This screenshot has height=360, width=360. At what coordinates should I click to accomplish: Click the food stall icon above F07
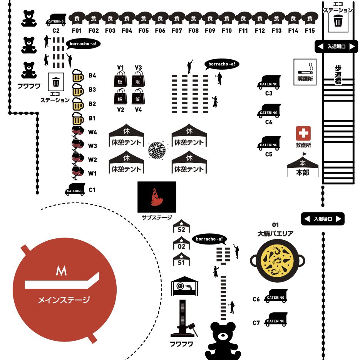(x=177, y=18)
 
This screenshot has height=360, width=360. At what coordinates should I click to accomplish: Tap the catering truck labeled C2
(x=56, y=20)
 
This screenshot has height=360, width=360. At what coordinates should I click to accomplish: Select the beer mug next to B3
(x=77, y=90)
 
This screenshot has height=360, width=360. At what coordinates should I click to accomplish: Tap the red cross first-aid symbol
(x=303, y=133)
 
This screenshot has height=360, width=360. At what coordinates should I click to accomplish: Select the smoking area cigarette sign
(x=305, y=72)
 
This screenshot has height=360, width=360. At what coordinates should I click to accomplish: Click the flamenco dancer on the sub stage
(x=156, y=197)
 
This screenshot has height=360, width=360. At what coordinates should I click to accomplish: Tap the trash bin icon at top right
(x=338, y=22)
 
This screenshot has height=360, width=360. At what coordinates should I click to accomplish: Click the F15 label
(x=310, y=31)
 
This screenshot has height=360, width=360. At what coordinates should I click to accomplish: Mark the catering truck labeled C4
(x=268, y=111)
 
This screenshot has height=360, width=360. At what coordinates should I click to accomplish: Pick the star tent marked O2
(x=181, y=244)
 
